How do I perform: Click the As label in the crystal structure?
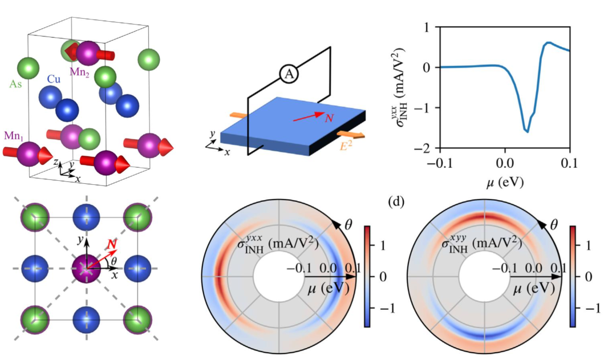pos(16,84)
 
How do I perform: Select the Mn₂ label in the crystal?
pos(79,72)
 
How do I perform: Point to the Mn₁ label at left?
pos(13,137)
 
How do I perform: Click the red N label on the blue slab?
pos(329,118)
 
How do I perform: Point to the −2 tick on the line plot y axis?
pos(425,149)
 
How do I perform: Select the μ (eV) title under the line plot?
pos(504,183)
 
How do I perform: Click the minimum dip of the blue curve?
pos(527,132)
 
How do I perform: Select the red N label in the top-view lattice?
pos(113,245)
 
